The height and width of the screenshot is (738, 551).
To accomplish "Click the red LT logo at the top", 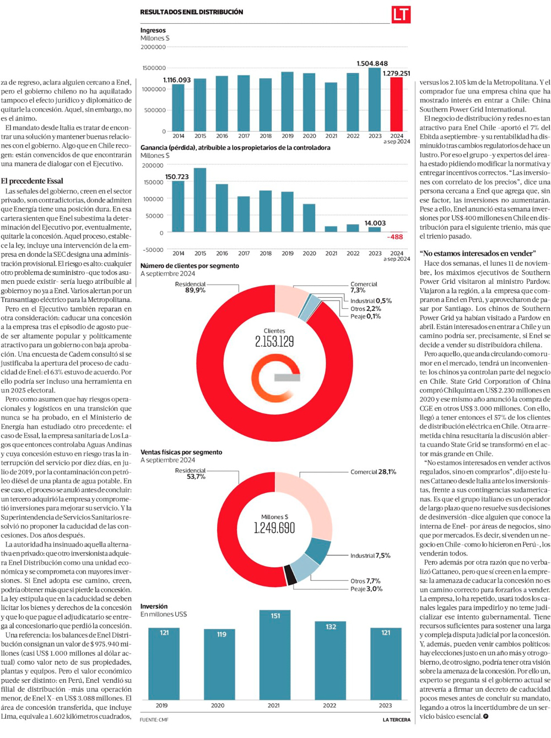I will coord(401,14).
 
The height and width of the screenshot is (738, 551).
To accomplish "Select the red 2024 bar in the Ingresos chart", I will coord(396,104).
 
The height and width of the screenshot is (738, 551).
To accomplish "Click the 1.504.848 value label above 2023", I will coord(372,63).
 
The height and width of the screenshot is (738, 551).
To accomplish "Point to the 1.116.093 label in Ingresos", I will coord(177,80).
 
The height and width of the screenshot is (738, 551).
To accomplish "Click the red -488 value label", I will coord(395,237).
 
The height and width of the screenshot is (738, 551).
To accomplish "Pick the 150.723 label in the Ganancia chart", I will coord(177,177).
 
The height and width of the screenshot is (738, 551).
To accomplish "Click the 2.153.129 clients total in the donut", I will coord(274,342).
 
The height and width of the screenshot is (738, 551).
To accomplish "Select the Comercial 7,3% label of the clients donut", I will coord(364,287).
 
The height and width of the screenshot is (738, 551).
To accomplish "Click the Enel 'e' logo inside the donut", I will coord(275,378).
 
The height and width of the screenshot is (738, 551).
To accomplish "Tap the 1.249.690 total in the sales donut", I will coord(274,528).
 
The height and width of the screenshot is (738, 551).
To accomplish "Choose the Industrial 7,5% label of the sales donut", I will coord(370,556).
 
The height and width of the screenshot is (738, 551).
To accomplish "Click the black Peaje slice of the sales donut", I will coord(290,575).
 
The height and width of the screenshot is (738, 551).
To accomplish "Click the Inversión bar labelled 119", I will coord(220,664).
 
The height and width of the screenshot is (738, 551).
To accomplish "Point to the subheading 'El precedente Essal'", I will coord(32,181).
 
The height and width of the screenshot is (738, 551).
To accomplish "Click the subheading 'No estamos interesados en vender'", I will coord(477,254).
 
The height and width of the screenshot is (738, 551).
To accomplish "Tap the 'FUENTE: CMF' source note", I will coord(154,720).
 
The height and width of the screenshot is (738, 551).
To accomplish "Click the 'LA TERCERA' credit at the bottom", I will coord(396,720).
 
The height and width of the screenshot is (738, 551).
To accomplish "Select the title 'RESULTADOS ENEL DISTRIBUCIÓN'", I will coord(191,12).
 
